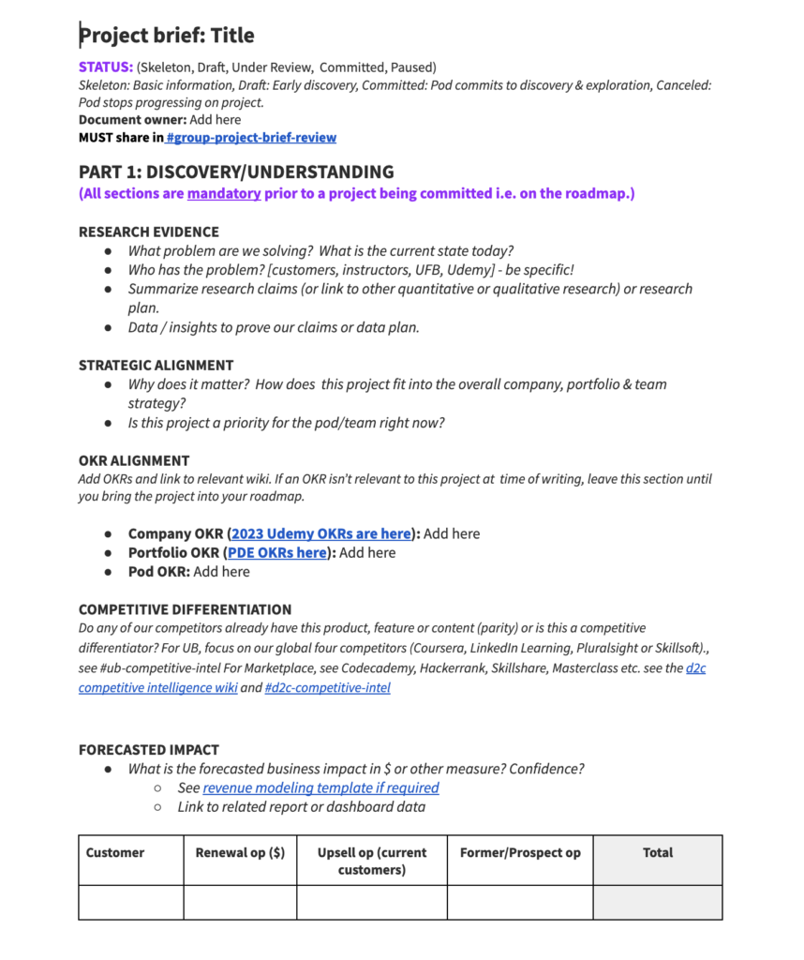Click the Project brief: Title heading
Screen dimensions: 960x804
167,36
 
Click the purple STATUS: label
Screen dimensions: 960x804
105,67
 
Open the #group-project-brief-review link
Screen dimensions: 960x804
251,138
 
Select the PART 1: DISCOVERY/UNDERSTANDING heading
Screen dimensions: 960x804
236,172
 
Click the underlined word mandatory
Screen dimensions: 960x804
223,194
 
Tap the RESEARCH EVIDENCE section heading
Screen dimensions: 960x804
149,232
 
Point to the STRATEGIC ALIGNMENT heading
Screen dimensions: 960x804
156,365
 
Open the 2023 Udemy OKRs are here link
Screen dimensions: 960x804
321,533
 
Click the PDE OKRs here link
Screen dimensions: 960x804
277,552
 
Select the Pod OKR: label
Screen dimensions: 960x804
159,571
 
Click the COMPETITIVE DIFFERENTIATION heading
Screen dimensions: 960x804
185,609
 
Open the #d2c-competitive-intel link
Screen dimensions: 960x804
328,687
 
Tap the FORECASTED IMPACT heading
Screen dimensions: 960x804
149,749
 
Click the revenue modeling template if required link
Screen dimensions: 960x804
320,787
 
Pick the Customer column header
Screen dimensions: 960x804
115,852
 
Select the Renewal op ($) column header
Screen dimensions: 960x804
240,852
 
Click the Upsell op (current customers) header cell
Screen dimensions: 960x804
372,861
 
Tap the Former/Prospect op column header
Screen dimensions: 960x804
520,852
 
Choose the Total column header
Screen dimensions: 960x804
658,852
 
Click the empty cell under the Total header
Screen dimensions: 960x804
658,902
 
